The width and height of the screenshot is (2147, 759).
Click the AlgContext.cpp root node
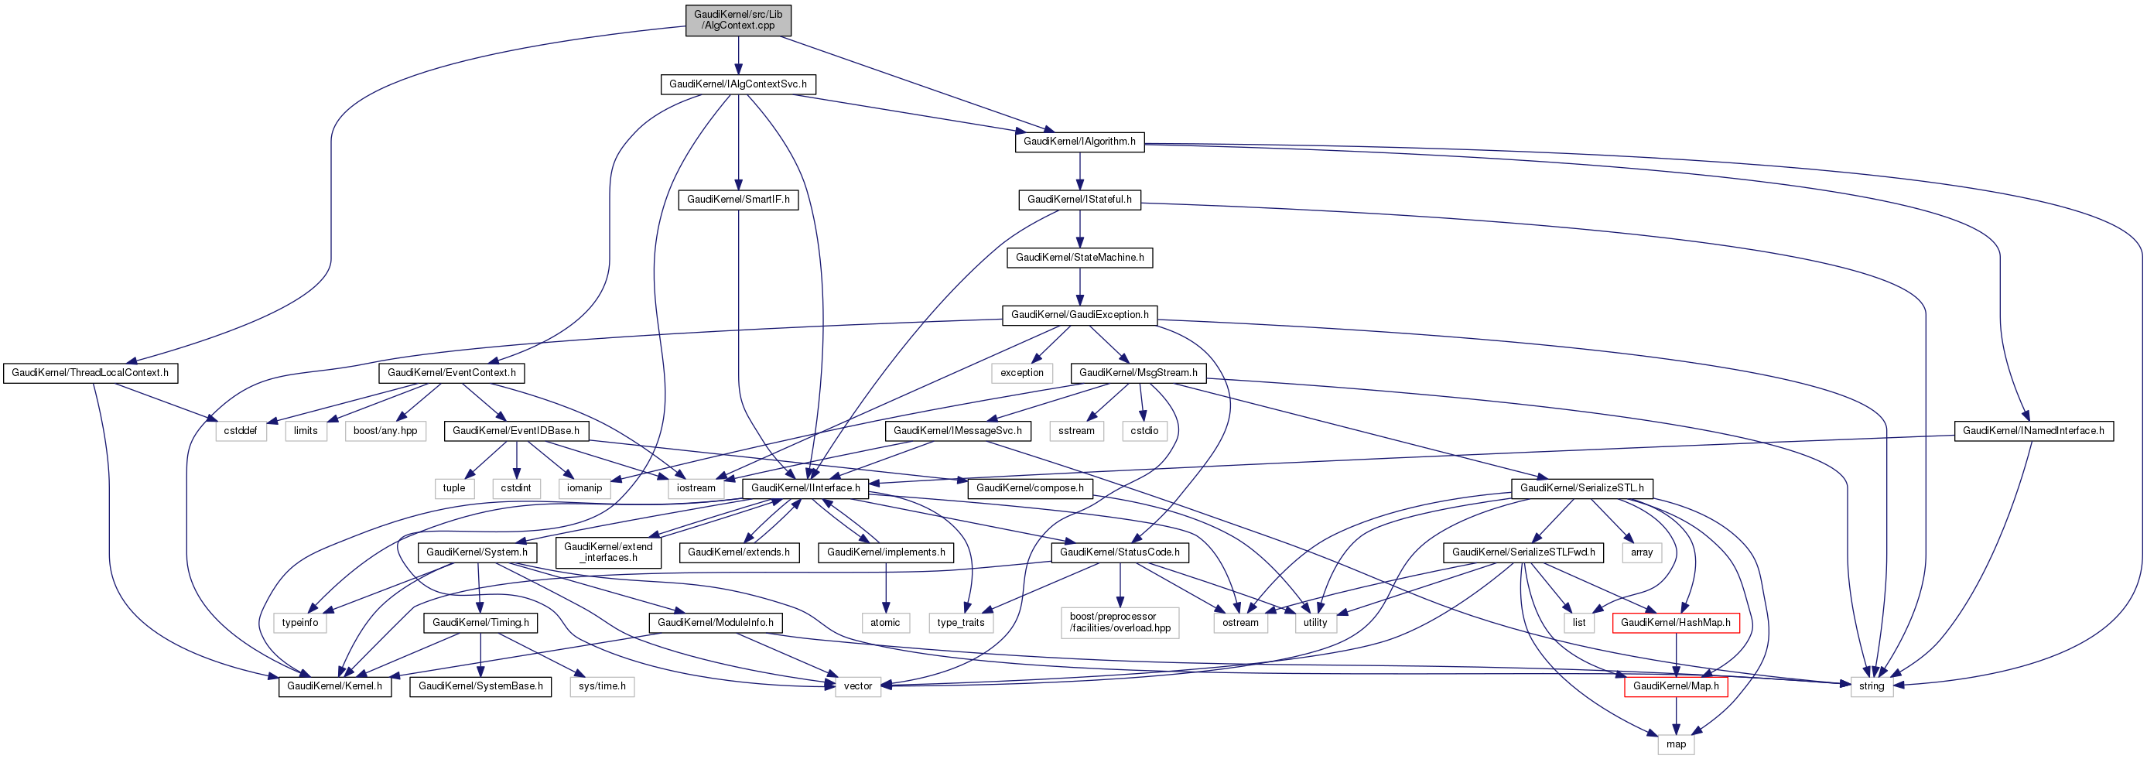(x=737, y=20)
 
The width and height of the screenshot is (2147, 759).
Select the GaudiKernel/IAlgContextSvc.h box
(x=737, y=84)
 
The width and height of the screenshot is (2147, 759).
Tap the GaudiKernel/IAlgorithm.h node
(x=1079, y=142)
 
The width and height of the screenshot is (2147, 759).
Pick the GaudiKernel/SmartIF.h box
(x=737, y=200)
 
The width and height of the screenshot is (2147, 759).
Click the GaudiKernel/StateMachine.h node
(x=1079, y=258)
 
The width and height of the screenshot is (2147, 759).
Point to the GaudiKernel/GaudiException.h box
(x=1079, y=315)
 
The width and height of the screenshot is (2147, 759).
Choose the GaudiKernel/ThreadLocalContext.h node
(x=90, y=372)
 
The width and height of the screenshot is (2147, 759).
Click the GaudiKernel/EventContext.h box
(x=451, y=372)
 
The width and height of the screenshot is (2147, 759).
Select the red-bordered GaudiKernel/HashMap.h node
(x=1675, y=622)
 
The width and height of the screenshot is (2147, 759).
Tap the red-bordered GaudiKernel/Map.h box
(x=1675, y=685)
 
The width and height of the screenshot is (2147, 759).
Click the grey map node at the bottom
(x=1675, y=744)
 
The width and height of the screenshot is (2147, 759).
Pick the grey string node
(x=1871, y=685)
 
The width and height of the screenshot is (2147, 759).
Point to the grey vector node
(x=857, y=685)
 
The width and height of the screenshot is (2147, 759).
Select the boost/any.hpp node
(x=385, y=431)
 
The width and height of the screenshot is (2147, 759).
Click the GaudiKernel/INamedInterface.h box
(x=2032, y=431)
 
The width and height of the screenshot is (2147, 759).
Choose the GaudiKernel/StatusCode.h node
(x=1120, y=552)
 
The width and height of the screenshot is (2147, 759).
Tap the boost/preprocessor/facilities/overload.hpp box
(x=1120, y=622)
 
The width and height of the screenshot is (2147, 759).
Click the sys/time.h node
(x=602, y=685)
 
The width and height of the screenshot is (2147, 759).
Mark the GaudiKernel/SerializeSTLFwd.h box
(x=1523, y=552)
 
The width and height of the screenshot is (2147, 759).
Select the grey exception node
(x=1022, y=372)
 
